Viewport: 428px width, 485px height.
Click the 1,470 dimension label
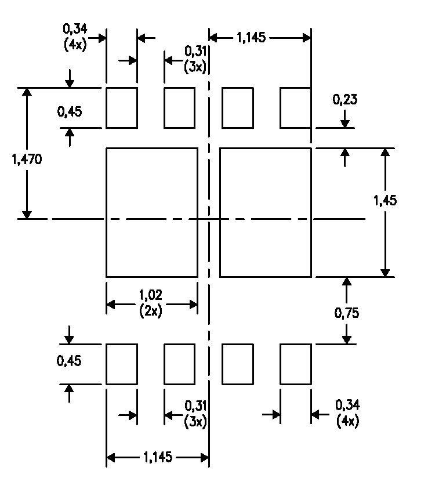click(x=26, y=160)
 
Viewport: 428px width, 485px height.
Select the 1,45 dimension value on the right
click(x=385, y=201)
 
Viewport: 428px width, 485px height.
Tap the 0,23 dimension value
click(x=344, y=100)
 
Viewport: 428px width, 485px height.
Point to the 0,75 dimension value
click(x=347, y=313)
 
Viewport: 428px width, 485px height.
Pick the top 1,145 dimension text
click(x=251, y=38)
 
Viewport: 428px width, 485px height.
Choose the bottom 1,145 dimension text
click(x=157, y=458)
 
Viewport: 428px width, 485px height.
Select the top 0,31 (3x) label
click(x=195, y=59)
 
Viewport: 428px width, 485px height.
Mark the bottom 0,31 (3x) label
click(x=195, y=412)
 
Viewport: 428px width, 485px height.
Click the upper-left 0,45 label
click(x=69, y=112)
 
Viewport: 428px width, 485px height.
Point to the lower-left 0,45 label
click(x=69, y=361)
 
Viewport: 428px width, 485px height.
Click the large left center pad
click(x=152, y=212)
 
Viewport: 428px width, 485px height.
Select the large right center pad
click(x=266, y=212)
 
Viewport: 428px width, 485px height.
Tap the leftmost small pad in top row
click(x=122, y=108)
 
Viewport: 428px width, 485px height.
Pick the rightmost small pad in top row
click(x=296, y=108)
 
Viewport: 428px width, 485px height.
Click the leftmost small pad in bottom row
click(x=122, y=364)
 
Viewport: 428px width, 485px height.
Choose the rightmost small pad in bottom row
click(x=296, y=364)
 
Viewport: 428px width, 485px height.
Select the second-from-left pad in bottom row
click(x=180, y=364)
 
